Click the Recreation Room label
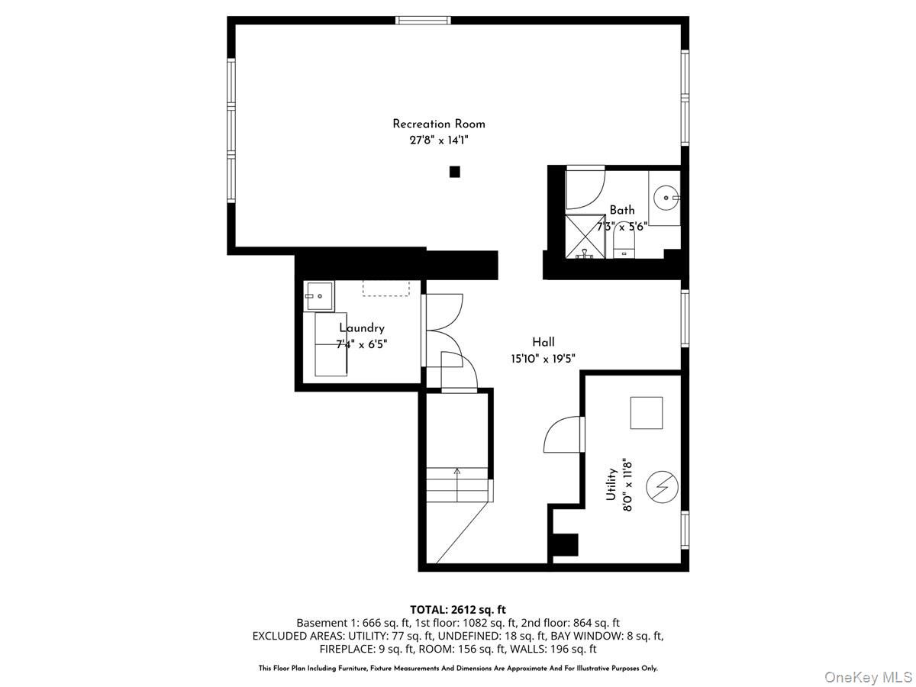[438, 124]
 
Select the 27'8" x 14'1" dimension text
[438, 140]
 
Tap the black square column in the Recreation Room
[454, 172]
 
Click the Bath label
[621, 210]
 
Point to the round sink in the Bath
[668, 198]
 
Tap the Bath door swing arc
[586, 189]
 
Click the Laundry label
[362, 328]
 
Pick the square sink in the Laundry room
[319, 294]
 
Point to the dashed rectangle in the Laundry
[385, 288]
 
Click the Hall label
[543, 342]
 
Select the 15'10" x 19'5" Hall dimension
[543, 358]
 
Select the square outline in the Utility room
[646, 413]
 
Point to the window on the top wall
[423, 20]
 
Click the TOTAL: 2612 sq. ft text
[458, 609]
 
